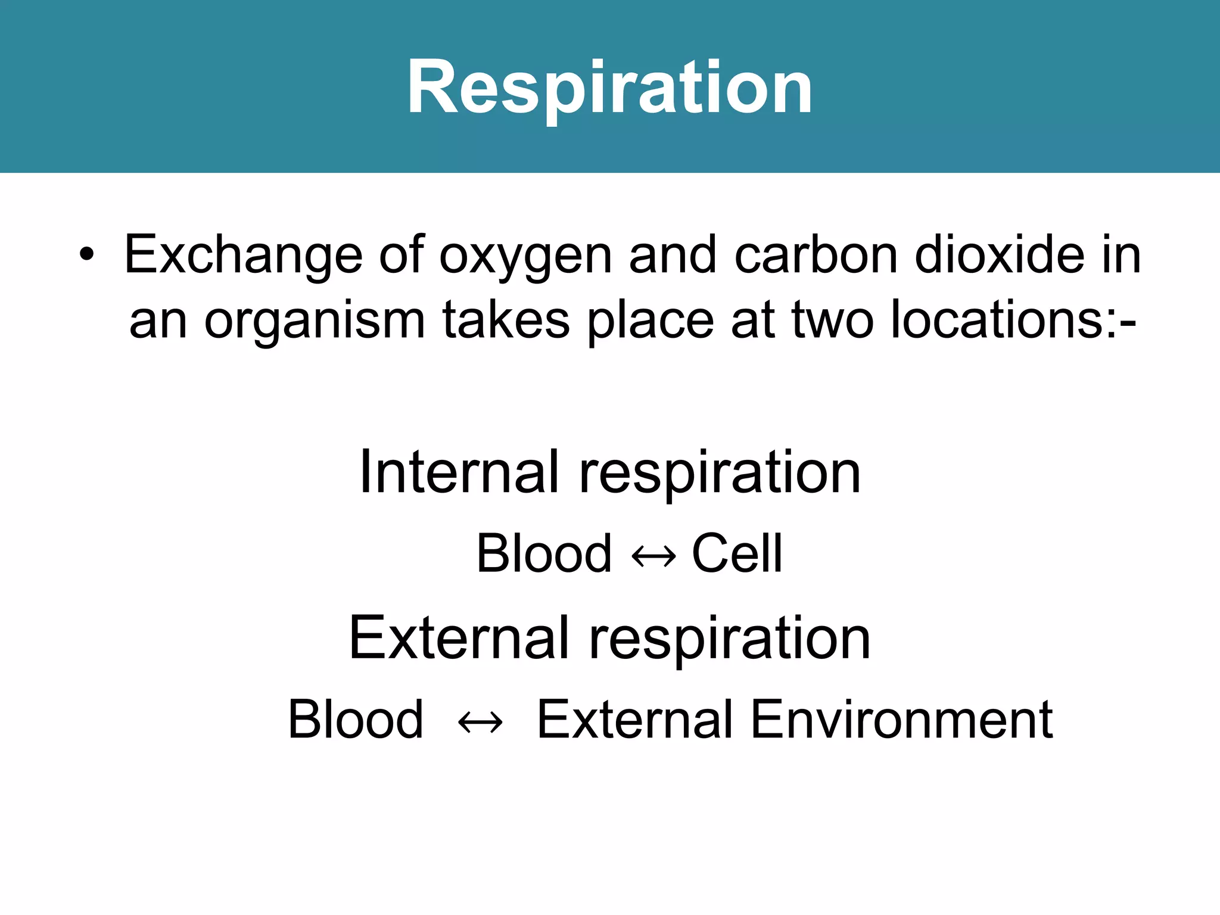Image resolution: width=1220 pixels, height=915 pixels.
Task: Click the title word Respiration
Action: click(x=609, y=88)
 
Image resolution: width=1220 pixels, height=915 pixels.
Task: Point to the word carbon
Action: click(x=816, y=255)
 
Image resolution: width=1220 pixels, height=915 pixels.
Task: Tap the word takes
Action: click(x=506, y=320)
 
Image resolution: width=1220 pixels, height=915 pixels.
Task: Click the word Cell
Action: click(x=736, y=553)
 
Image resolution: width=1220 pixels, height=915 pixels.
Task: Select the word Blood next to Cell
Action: click(x=544, y=553)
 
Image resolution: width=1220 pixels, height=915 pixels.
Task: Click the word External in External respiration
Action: click(x=459, y=638)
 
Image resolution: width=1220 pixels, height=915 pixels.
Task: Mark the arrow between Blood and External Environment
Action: click(x=480, y=723)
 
